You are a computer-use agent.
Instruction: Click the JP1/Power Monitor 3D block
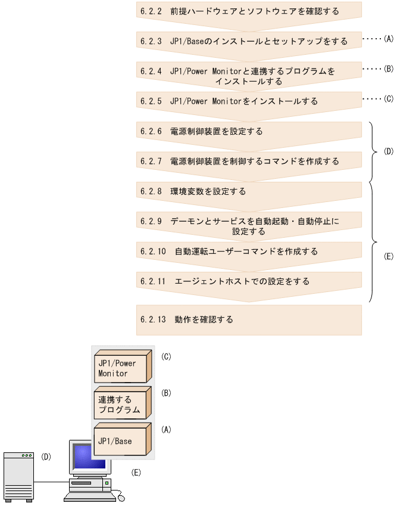click(x=121, y=368)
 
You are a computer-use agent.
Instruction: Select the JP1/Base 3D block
click(x=121, y=442)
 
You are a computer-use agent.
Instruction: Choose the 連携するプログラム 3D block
click(x=121, y=405)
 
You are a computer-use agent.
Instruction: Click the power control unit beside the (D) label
click(x=18, y=475)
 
